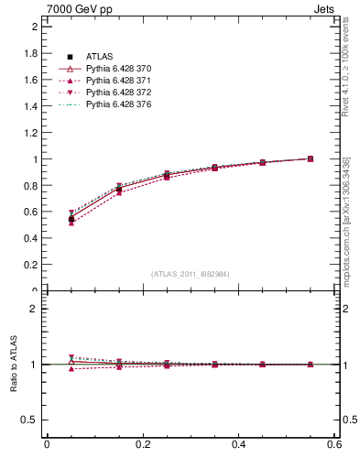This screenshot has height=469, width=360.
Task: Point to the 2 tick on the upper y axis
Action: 34,27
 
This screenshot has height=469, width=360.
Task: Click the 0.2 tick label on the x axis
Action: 142,445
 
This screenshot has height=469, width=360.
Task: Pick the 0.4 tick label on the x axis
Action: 238,445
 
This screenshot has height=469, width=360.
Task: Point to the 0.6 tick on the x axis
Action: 333,445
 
